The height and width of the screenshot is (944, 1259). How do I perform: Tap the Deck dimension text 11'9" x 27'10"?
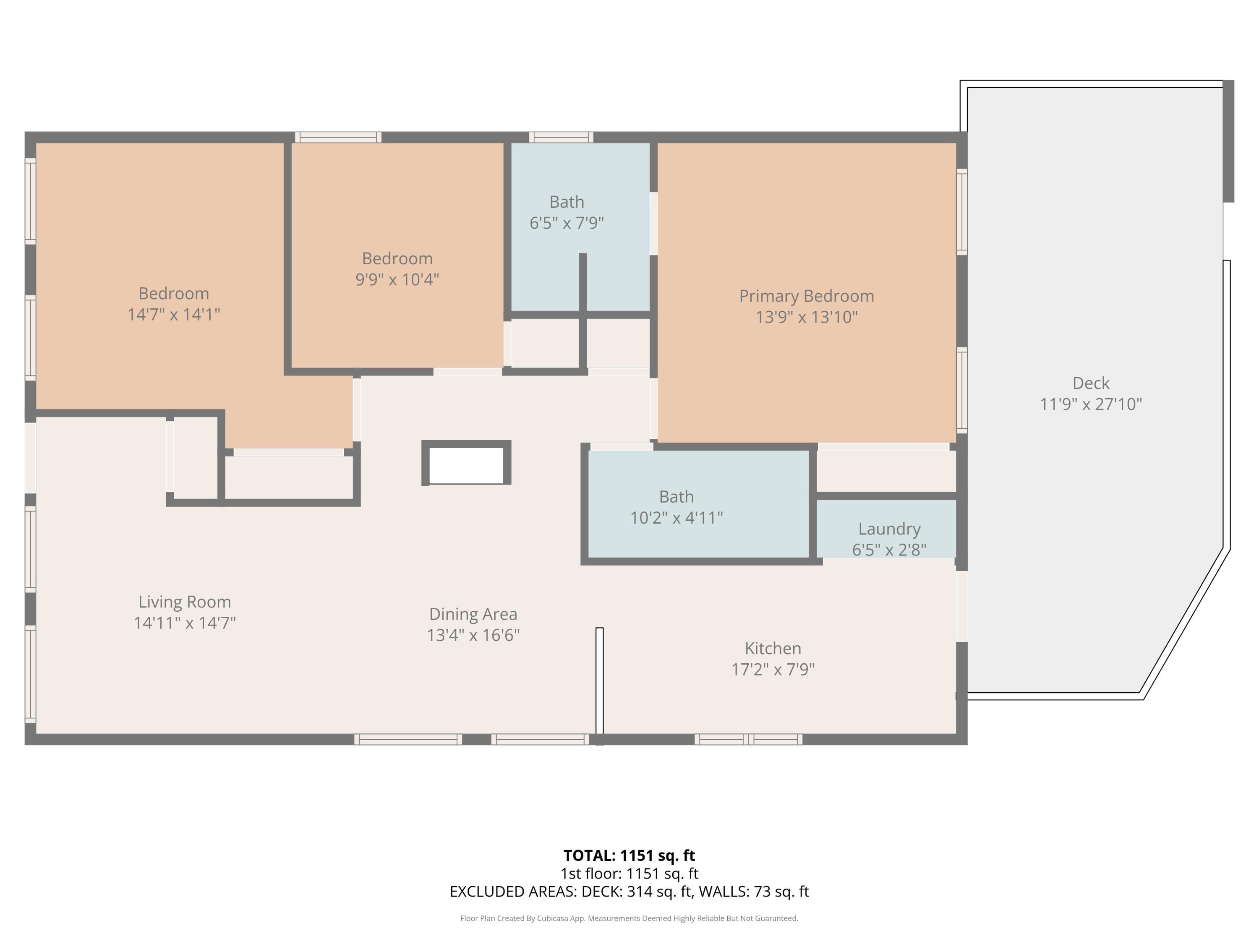pyautogui.click(x=1091, y=404)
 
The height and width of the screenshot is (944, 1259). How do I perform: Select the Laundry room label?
pyautogui.click(x=889, y=529)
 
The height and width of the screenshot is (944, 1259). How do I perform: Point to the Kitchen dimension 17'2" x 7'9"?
pyautogui.click(x=773, y=669)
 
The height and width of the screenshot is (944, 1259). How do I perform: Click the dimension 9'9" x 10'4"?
pyautogui.click(x=397, y=279)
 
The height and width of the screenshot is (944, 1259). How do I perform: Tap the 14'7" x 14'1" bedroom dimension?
pyautogui.click(x=174, y=314)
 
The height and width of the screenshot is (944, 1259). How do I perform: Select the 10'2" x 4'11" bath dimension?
pyautogui.click(x=676, y=518)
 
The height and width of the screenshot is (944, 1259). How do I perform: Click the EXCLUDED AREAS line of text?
pyautogui.click(x=629, y=892)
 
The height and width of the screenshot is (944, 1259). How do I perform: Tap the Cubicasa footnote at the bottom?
pyautogui.click(x=629, y=918)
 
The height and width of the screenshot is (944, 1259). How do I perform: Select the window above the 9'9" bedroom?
pyautogui.click(x=338, y=137)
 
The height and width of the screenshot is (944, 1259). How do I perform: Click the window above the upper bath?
pyautogui.click(x=561, y=137)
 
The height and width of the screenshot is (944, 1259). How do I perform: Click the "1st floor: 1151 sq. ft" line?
pyautogui.click(x=629, y=874)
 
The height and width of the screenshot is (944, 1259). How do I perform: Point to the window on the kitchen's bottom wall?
pyautogui.click(x=748, y=739)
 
